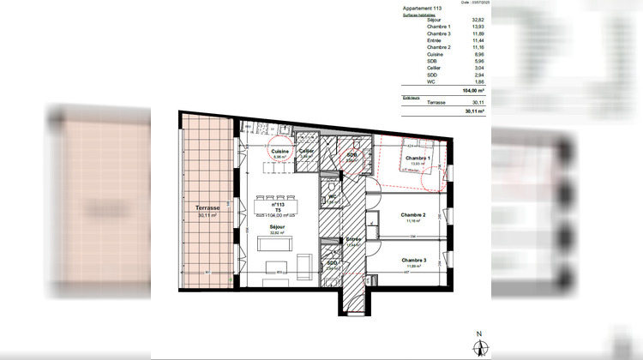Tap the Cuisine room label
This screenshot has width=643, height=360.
pyautogui.click(x=280, y=151)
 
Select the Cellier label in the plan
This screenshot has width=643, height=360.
pyautogui.click(x=307, y=151)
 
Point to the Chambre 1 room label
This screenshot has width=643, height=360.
pyautogui.click(x=417, y=158)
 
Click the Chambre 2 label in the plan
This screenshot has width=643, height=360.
pyautogui.click(x=414, y=215)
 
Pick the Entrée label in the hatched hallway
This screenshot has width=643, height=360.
pyautogui.click(x=352, y=239)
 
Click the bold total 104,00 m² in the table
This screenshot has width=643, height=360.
pyautogui.click(x=474, y=90)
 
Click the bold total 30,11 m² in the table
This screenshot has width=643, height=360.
pyautogui.click(x=474, y=111)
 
